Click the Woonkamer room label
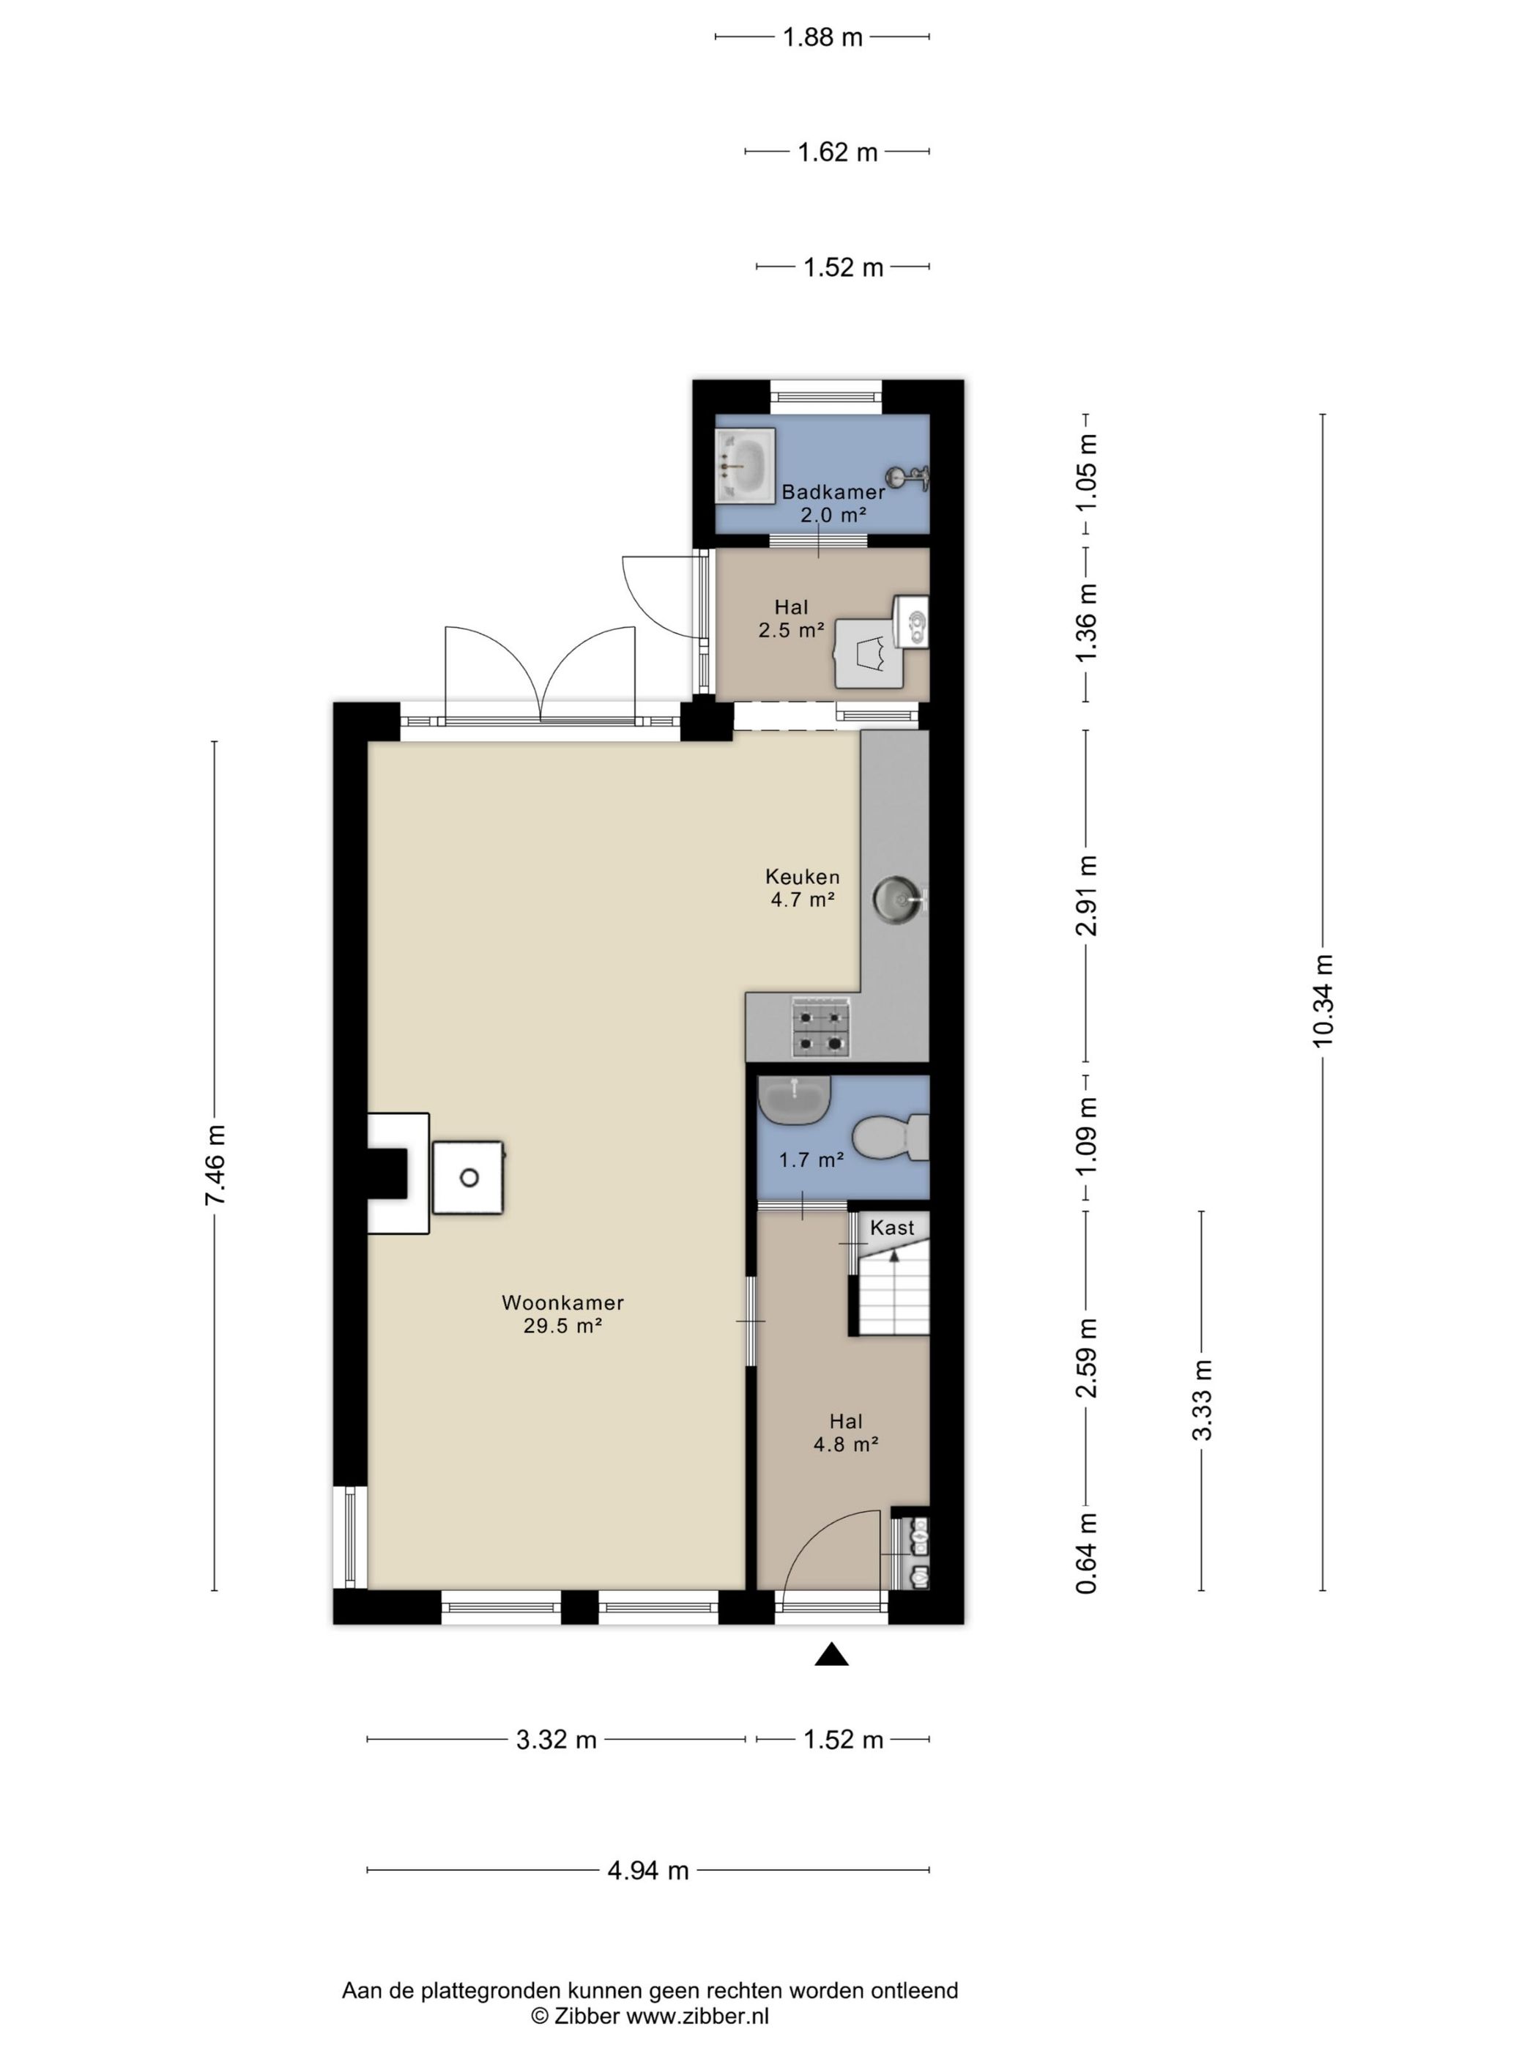562,1302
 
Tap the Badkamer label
833,492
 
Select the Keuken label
803,876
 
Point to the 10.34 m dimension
1322,1001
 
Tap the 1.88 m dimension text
822,37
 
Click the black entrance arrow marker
831,1654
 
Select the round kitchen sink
897,897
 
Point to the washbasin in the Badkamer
744,465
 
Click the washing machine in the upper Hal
869,653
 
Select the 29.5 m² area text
562,1326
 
